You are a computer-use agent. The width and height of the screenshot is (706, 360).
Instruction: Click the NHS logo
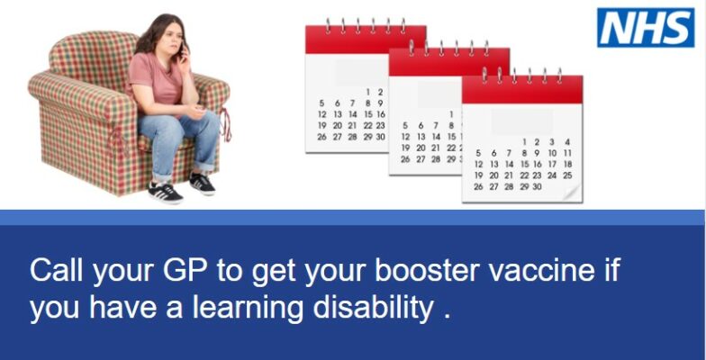click(x=646, y=27)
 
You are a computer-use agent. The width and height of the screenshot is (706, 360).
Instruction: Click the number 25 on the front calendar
click(x=567, y=175)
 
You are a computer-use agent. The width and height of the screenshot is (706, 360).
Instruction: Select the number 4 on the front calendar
click(x=567, y=142)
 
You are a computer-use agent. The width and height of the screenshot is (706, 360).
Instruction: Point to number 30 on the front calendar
click(x=537, y=187)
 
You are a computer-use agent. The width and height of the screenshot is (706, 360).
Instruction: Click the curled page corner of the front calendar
click(x=572, y=193)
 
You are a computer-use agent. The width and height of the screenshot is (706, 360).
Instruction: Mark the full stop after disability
click(x=447, y=318)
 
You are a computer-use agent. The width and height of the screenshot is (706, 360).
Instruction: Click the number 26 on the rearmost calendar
click(x=321, y=137)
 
